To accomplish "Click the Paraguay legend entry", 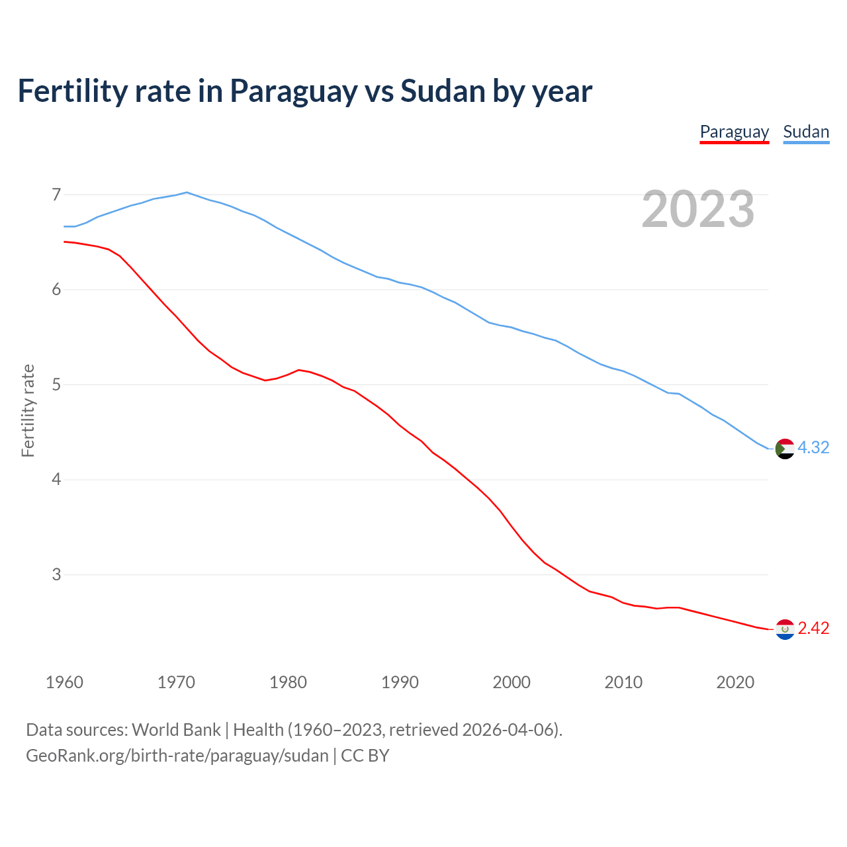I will click(735, 132).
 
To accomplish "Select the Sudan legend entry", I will click(806, 132).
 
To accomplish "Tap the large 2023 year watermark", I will click(698, 209).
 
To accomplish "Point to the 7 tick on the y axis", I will click(56, 195).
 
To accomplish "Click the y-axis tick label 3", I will click(56, 574).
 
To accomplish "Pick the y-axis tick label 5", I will click(56, 384).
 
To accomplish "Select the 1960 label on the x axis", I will click(64, 682).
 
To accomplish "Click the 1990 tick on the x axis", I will click(400, 682).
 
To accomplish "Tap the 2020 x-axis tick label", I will click(735, 682).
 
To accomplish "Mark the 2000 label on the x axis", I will click(512, 682).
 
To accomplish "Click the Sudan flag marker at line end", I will click(784, 449).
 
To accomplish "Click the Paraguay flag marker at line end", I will click(784, 629).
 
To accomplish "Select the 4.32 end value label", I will click(813, 448).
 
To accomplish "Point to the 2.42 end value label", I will click(813, 629).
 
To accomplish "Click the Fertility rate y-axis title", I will click(28, 410).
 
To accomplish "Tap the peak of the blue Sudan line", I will click(187, 193).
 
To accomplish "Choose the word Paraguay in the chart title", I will click(293, 91).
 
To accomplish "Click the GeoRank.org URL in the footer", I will click(177, 756).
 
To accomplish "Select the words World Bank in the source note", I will click(176, 730).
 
